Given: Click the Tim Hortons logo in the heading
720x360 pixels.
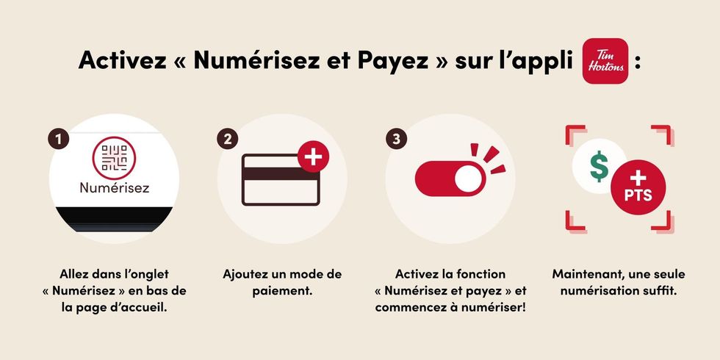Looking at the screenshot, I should [x=605, y=61].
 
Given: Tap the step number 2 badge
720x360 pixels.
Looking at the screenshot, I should [x=228, y=138].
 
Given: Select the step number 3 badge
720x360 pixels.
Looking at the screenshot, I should [x=395, y=138].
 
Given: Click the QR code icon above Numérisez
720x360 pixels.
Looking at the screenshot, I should [x=114, y=156].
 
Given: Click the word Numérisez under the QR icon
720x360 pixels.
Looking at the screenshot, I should [x=114, y=188].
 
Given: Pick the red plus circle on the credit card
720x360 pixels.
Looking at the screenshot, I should [x=314, y=157].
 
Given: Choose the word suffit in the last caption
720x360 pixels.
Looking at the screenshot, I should [x=660, y=291].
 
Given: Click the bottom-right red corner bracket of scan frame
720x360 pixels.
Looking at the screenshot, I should [x=665, y=220].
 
